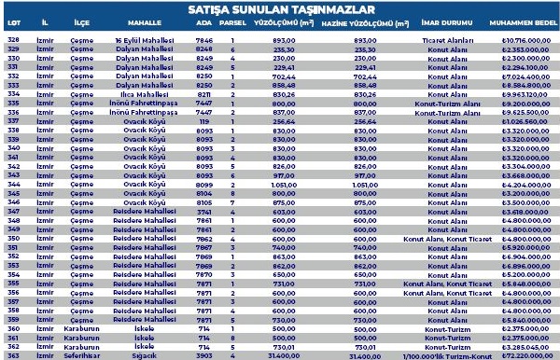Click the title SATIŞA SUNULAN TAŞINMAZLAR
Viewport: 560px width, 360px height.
(x=280, y=10)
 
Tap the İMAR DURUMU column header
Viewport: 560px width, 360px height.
(x=439, y=28)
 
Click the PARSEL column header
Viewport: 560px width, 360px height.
(x=237, y=28)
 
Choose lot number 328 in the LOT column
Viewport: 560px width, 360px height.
(x=13, y=41)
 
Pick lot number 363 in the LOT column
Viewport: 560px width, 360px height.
(x=13, y=355)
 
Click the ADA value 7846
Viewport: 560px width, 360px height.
(x=204, y=41)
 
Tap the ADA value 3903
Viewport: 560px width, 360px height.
(x=204, y=355)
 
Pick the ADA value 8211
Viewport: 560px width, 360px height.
(x=204, y=94)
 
